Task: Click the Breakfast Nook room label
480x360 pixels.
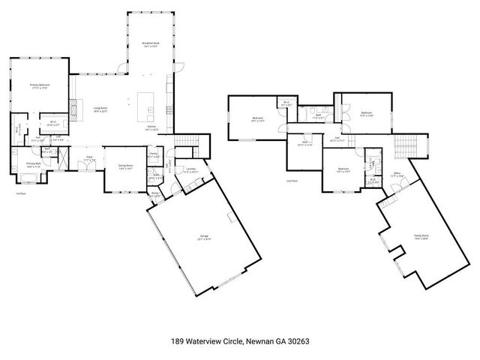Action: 151,44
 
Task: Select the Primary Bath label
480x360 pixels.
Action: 33,164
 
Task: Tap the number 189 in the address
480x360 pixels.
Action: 178,341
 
